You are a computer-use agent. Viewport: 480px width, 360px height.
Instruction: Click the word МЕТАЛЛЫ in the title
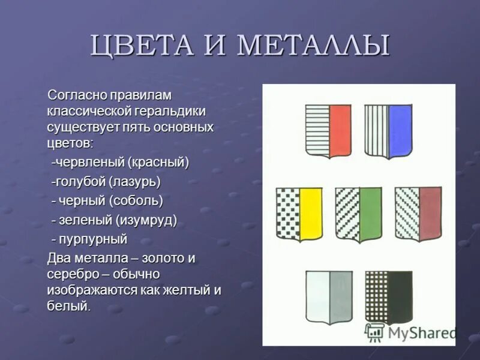pyautogui.click(x=313, y=46)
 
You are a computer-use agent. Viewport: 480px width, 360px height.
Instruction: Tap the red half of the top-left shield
pyautogui.click(x=340, y=130)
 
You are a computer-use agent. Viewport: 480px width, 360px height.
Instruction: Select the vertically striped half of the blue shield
pyautogui.click(x=376, y=128)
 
